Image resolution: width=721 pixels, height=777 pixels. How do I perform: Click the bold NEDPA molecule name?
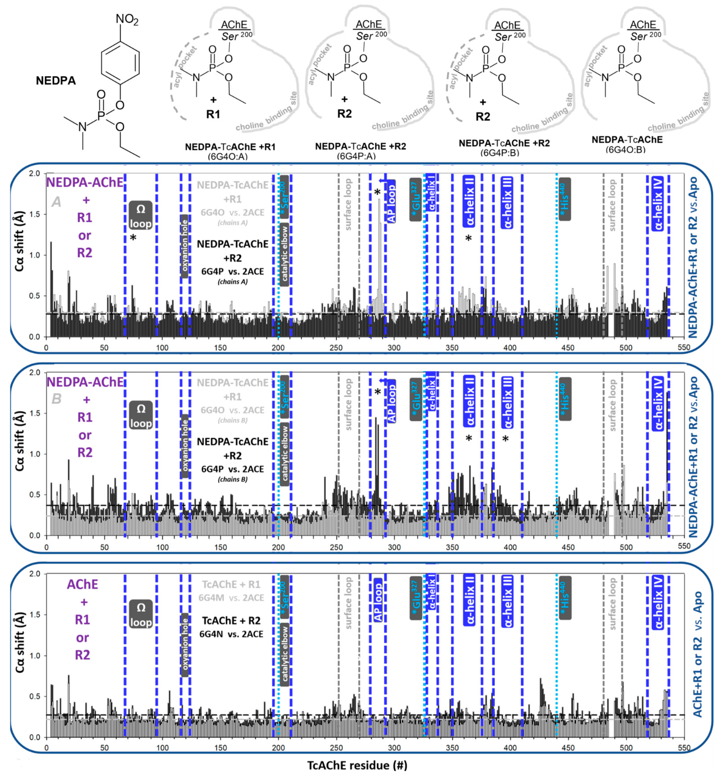point(56,81)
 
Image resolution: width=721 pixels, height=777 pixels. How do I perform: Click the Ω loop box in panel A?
point(141,216)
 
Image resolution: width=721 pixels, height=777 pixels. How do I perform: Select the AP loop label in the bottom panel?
point(378,602)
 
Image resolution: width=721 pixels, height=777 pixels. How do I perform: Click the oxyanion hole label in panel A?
point(185,246)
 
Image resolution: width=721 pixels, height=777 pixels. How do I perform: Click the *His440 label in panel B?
point(564,399)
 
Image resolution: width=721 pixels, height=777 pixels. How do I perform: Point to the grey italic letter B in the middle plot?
point(57,399)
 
